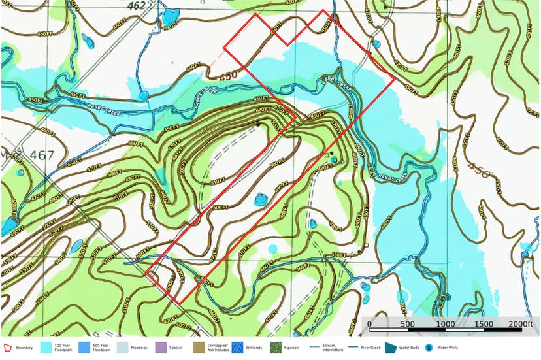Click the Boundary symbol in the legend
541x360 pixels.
pyautogui.click(x=8, y=348)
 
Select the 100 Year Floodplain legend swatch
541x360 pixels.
pyautogui.click(x=47, y=348)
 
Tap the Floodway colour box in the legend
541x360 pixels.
pyautogui.click(x=122, y=348)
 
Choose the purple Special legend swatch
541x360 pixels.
pyautogui.click(x=160, y=348)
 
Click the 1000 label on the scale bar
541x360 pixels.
pyautogui.click(x=446, y=325)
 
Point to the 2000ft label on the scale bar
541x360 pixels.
pyautogui.click(x=521, y=325)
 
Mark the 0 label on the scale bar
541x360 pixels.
pyautogui.click(x=369, y=325)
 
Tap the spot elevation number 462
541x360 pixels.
pyautogui.click(x=137, y=6)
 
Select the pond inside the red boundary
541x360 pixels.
pyautogui.click(x=261, y=198)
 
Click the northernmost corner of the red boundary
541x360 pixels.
pyautogui.click(x=321, y=10)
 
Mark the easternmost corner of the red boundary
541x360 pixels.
pyautogui.click(x=395, y=79)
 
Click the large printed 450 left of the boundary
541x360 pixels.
pyautogui.click(x=228, y=76)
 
